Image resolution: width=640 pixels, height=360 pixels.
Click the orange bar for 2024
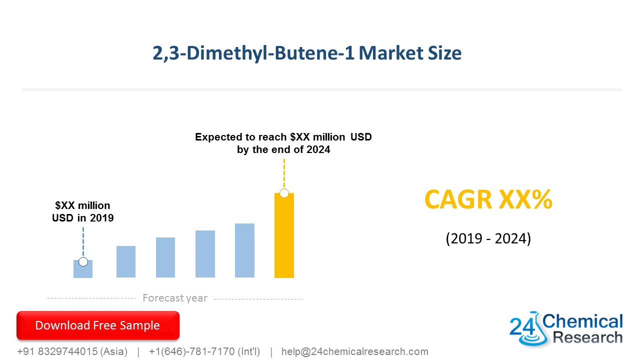click(x=284, y=237)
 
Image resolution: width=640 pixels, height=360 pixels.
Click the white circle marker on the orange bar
click(x=284, y=193)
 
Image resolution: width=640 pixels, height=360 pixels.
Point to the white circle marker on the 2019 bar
click(x=83, y=261)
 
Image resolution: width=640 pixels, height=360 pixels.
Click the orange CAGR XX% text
click(x=488, y=200)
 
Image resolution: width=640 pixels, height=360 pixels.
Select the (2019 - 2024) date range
click(x=488, y=238)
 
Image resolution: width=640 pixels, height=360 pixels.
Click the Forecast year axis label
click(x=174, y=298)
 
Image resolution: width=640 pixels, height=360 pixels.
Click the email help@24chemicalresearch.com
click(x=354, y=351)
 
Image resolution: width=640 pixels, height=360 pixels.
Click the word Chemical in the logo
click(x=583, y=321)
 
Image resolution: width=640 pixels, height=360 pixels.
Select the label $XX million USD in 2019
click(x=83, y=211)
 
